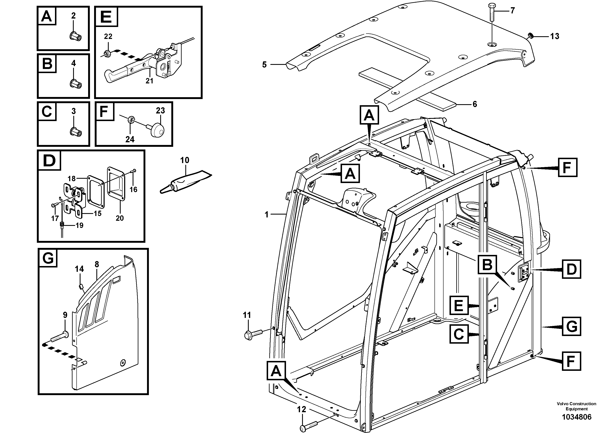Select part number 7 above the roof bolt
point(512,11)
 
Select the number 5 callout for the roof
point(264,65)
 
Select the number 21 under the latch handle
point(149,81)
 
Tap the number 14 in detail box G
point(79,269)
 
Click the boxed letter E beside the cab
point(459,305)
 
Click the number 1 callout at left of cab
point(266,214)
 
